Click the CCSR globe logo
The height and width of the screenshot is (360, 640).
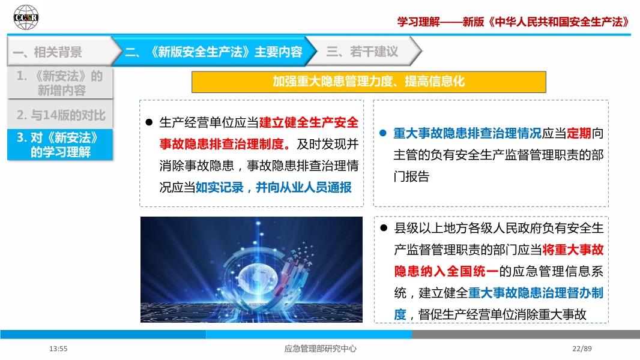(26, 17)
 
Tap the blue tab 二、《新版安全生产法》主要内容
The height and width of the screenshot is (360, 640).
(214, 52)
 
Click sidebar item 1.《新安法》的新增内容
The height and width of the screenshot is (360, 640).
(60, 83)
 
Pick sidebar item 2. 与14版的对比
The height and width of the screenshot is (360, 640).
(60, 115)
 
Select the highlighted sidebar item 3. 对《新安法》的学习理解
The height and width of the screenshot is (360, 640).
(60, 145)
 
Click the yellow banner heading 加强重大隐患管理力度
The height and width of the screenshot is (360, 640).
(332, 82)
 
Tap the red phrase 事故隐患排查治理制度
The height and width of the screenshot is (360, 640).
(222, 144)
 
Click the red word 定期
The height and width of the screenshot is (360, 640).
(579, 133)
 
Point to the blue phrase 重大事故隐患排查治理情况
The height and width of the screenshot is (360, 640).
(467, 133)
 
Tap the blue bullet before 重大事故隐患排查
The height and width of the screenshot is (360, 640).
(383, 133)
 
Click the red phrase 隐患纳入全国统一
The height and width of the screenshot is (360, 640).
(446, 271)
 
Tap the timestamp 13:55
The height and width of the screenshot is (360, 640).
(58, 349)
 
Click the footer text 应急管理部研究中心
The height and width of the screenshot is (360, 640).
(321, 349)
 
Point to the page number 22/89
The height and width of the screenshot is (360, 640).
(582, 349)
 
